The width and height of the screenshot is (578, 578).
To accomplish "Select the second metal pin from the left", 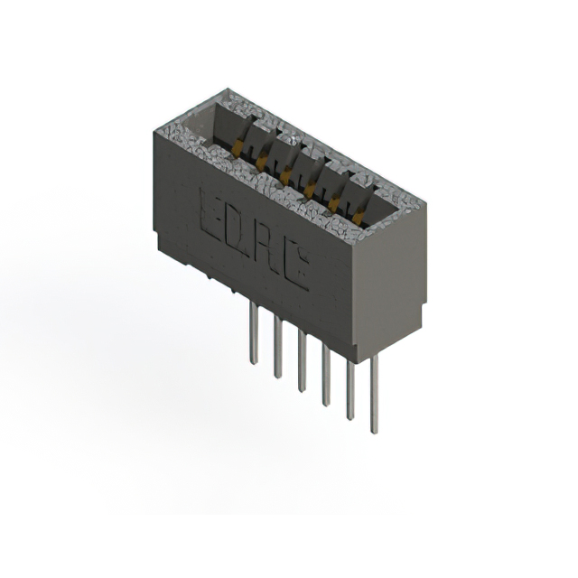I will tap(278, 349).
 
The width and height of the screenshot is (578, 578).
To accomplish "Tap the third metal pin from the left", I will tap(302, 365).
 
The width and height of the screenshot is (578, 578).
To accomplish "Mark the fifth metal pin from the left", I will tap(350, 398).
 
